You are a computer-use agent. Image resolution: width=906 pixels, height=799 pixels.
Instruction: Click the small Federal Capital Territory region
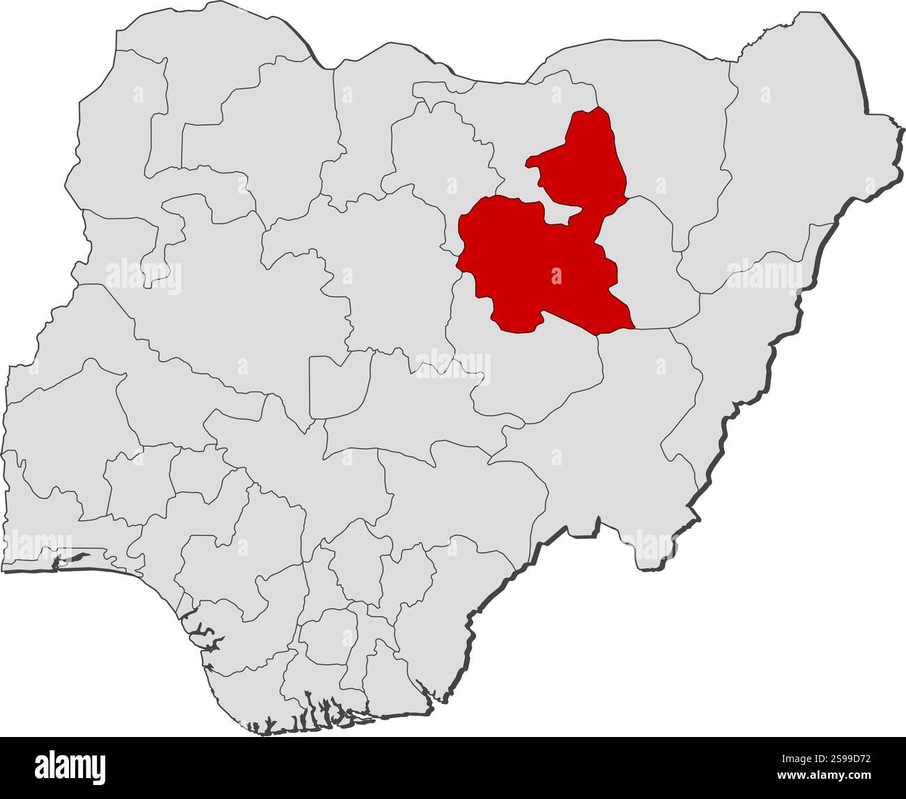338,387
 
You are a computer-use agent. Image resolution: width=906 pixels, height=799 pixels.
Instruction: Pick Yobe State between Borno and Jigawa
662,139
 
